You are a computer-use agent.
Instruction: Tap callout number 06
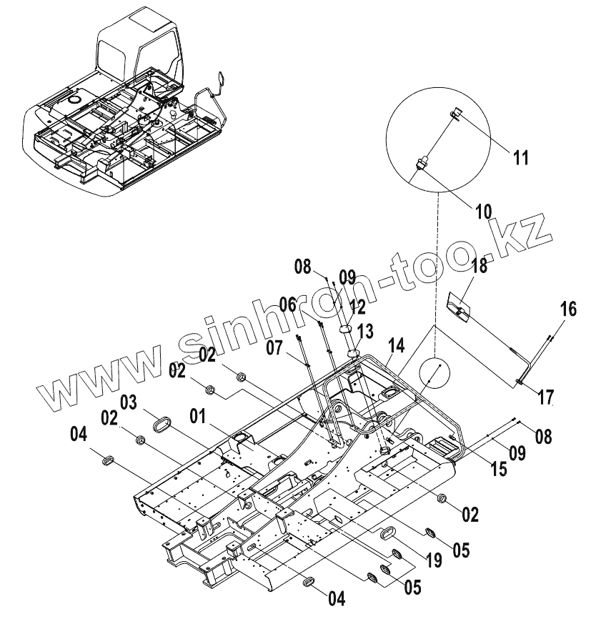287,303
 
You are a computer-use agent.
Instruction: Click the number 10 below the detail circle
483,212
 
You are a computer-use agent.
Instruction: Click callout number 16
567,309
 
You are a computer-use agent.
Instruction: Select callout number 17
545,396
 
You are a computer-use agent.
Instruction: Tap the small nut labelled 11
454,113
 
